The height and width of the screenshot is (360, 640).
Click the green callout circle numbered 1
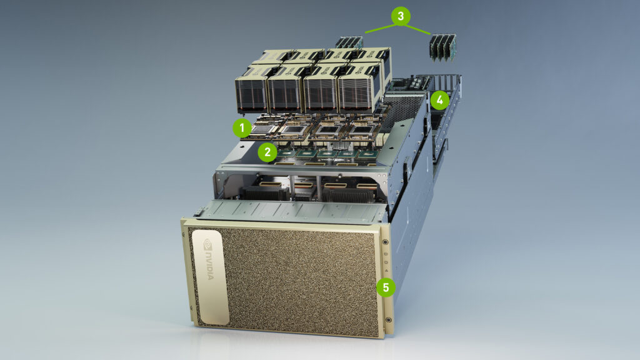[x=242, y=127]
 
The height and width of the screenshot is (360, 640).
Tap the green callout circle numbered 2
[x=267, y=151]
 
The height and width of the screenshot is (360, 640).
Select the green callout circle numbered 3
[x=401, y=16]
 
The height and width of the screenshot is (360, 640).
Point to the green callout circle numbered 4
[x=440, y=99]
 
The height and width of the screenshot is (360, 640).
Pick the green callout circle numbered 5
[x=386, y=287]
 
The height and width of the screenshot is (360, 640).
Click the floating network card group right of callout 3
[x=442, y=47]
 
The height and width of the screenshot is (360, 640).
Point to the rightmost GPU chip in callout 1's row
[x=361, y=130]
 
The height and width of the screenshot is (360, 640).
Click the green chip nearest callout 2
[x=288, y=152]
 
